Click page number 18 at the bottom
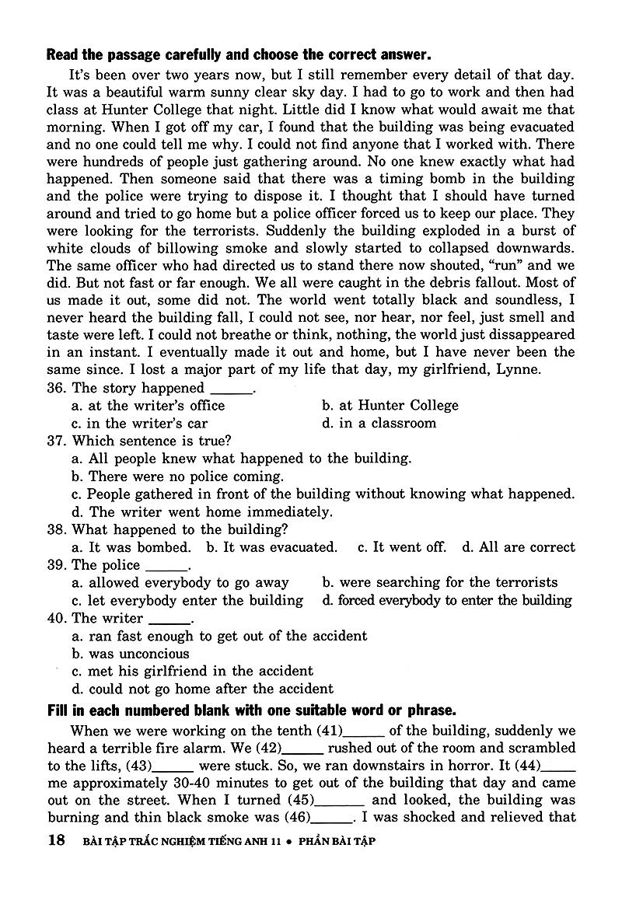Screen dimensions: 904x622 click(x=55, y=840)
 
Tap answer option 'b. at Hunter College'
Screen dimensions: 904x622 click(x=390, y=405)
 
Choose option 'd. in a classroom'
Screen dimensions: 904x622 click(x=379, y=423)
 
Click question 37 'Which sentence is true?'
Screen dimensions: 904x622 click(x=139, y=441)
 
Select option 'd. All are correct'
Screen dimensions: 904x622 click(x=519, y=547)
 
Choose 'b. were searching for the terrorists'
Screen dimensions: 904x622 click(x=439, y=582)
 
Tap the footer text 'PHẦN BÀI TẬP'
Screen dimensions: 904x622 click(x=326, y=841)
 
